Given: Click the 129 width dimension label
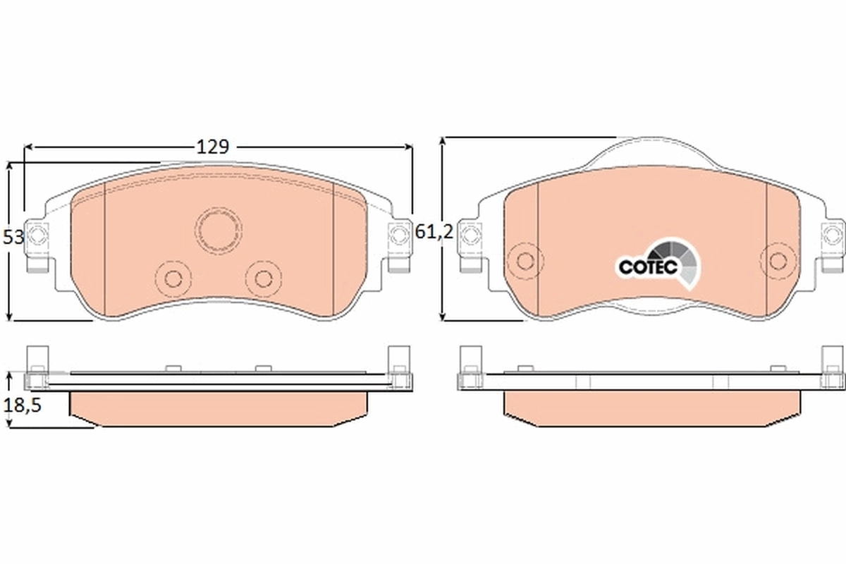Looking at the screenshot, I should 212,147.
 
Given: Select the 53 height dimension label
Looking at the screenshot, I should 13,238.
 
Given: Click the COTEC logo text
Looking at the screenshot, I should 647,267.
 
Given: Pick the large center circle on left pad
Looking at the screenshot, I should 219,229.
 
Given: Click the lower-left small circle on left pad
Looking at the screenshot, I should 173,277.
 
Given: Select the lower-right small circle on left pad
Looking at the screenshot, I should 264,277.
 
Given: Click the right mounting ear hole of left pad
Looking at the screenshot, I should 400,233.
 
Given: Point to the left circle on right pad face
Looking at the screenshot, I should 524,260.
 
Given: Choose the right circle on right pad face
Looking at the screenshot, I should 778,260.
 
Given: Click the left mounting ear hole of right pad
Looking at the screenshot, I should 470,233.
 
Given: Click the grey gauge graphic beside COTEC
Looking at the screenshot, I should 678,262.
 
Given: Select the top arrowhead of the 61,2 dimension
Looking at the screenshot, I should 443,141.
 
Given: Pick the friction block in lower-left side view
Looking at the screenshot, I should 219,409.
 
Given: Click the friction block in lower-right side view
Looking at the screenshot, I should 652,409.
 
